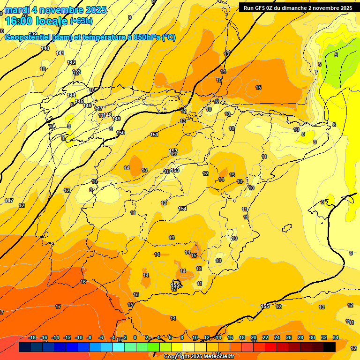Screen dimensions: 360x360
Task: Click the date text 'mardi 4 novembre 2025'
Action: (55, 10)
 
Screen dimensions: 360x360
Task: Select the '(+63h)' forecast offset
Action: (81, 21)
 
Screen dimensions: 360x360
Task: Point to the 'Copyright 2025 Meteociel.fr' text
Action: (199, 356)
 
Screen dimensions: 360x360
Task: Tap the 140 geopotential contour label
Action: (45, 48)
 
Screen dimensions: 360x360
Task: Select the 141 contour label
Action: (60, 53)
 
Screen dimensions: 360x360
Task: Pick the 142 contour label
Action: (71, 62)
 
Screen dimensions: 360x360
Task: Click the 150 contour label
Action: (120, 133)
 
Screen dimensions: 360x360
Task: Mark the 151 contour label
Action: (154, 135)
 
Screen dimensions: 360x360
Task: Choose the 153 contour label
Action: (175, 170)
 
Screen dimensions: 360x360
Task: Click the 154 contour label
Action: (182, 209)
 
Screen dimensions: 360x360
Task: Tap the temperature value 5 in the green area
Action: (336, 55)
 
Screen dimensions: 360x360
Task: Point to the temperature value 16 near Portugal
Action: (83, 282)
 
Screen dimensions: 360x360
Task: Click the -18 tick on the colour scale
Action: (32, 337)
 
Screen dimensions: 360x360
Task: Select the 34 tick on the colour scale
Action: (336, 337)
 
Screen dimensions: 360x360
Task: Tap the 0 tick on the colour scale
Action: (135, 337)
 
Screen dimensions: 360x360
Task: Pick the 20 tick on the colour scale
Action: (254, 337)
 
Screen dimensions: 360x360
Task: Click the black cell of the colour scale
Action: (329, 347)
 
